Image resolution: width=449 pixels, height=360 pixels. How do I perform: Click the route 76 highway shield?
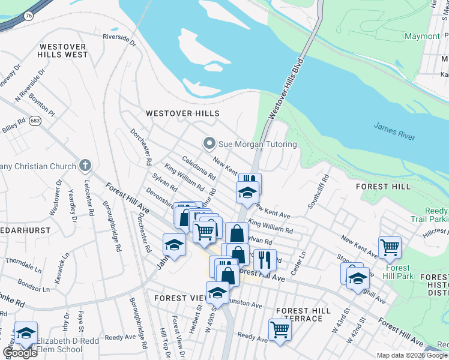(x=29, y=17)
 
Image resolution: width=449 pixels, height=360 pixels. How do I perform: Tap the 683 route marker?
(x=35, y=121)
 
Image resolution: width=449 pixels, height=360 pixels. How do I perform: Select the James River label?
(x=394, y=132)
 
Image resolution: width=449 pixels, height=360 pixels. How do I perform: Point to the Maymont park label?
(x=422, y=36)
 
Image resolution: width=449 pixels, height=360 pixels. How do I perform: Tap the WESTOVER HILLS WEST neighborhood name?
(x=62, y=50)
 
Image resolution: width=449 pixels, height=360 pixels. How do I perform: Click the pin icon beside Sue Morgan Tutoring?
(x=209, y=144)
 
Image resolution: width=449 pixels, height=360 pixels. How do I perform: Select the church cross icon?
(x=85, y=166)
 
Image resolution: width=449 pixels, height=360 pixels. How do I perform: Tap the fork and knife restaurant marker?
(x=264, y=259)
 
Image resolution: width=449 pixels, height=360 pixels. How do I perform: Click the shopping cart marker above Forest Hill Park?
(x=390, y=246)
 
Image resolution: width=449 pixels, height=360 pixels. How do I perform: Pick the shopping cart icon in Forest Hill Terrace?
(x=280, y=329)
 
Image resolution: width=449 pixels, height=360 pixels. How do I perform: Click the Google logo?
(x=20, y=353)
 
